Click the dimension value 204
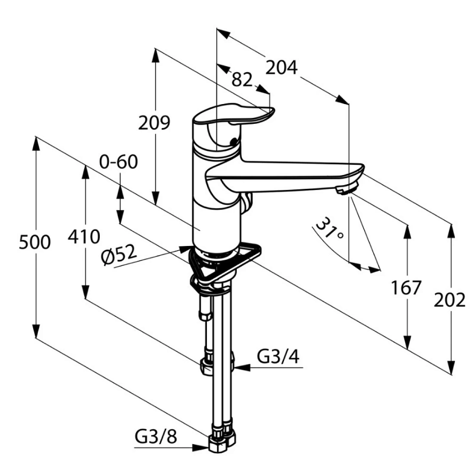point(281,68)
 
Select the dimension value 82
point(242,80)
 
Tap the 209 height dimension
point(154,123)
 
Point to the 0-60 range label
point(119,162)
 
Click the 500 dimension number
point(35,242)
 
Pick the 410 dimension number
point(84,237)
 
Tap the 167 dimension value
point(406,288)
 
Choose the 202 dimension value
point(449,300)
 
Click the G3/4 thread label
point(278,357)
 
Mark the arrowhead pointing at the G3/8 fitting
point(201,448)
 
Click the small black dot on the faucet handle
point(233,141)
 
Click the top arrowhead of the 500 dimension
point(36,144)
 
